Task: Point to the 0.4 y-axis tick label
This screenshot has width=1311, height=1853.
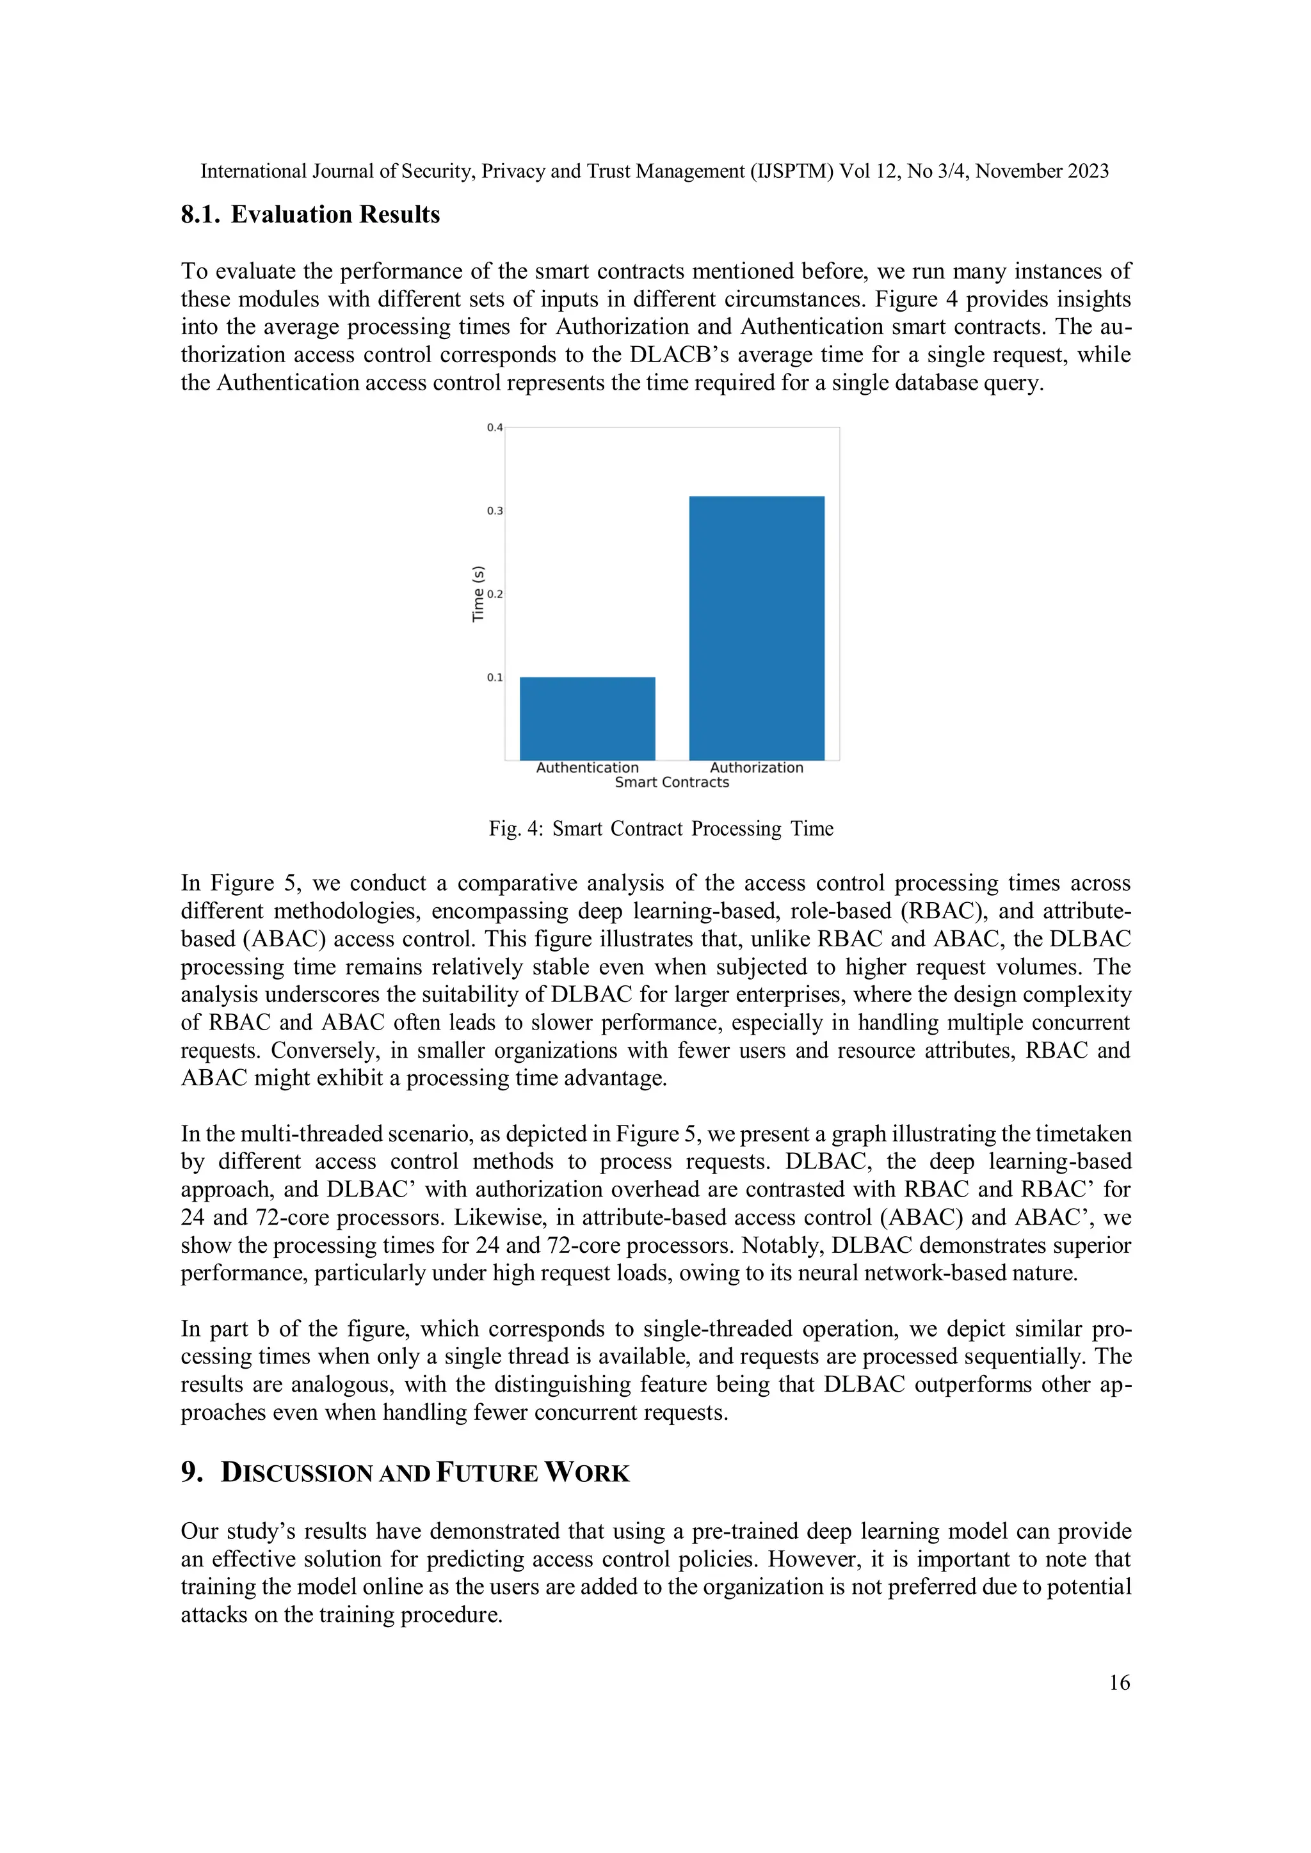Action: (494, 428)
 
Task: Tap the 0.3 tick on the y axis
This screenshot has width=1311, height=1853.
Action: (494, 511)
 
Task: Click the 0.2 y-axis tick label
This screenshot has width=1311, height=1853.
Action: (494, 594)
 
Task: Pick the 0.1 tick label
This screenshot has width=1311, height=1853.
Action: (494, 677)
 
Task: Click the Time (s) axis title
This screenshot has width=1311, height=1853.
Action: (478, 593)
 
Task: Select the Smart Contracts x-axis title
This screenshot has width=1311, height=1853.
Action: (672, 782)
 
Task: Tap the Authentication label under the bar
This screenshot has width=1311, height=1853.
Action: (587, 768)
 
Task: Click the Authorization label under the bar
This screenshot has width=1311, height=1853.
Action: (757, 768)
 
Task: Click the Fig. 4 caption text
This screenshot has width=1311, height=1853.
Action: (661, 829)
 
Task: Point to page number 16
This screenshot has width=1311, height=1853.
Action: (1119, 1683)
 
